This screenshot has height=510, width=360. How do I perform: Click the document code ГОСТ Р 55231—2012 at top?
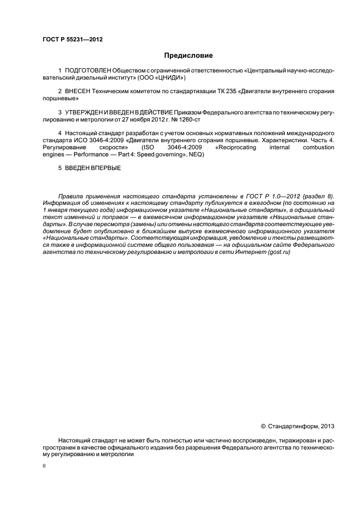tap(72, 39)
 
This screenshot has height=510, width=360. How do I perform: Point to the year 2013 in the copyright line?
tap(328, 426)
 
